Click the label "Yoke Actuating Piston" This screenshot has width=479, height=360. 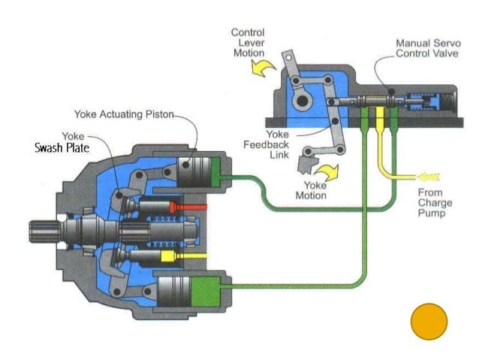[124, 115]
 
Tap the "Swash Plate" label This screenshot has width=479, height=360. [62, 148]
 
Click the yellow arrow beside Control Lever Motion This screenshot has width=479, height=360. [262, 70]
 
